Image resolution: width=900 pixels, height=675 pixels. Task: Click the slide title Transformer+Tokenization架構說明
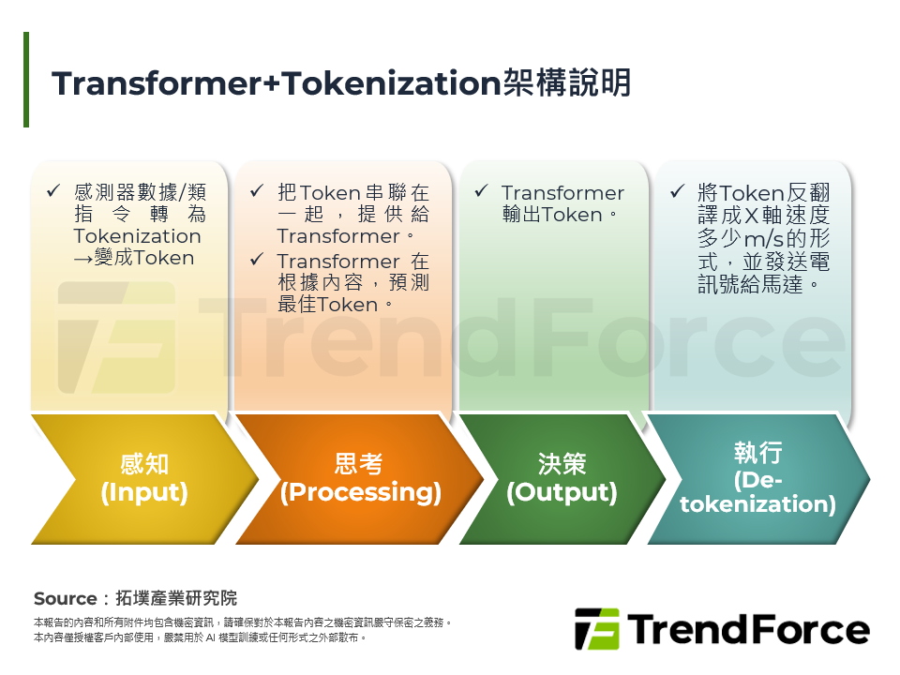[341, 83]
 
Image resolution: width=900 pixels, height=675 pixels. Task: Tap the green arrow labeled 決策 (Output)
[562, 478]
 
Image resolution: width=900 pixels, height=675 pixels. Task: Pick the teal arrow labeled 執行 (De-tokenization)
[757, 478]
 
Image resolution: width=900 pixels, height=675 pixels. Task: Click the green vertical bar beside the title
[26, 80]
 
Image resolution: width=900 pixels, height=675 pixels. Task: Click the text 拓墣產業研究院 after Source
[176, 598]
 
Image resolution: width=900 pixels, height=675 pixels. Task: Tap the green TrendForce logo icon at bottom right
[596, 628]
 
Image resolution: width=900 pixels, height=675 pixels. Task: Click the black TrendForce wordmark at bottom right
[748, 629]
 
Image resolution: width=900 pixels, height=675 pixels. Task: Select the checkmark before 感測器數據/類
[53, 192]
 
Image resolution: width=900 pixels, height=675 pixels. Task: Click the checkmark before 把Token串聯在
[257, 192]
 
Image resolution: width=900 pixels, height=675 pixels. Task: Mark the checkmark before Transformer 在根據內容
[257, 261]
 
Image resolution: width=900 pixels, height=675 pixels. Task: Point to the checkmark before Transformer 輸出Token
[481, 192]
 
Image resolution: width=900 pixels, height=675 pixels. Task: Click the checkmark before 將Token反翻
[678, 192]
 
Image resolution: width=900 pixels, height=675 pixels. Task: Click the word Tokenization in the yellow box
[137, 236]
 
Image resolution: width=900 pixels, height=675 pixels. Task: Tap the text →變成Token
[133, 258]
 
